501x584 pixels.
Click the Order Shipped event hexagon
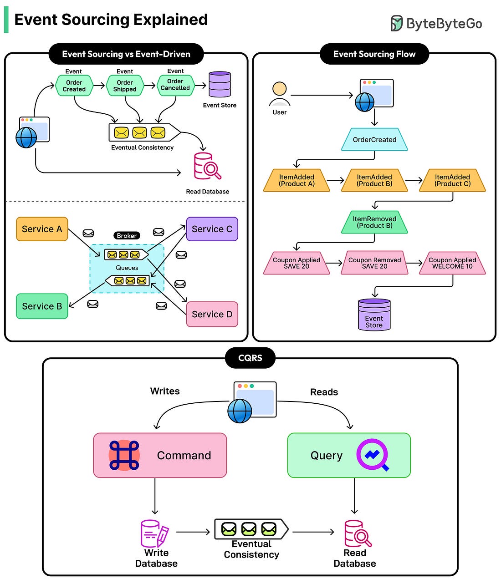click(x=125, y=86)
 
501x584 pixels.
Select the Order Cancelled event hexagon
click(x=175, y=85)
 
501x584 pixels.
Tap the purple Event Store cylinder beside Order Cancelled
click(x=220, y=84)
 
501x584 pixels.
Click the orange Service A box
click(x=42, y=229)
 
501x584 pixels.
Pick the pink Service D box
click(x=212, y=314)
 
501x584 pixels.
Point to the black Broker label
click(x=127, y=236)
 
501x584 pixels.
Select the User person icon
click(x=280, y=94)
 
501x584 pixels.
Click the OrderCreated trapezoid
click(x=374, y=140)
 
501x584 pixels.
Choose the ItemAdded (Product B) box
click(x=374, y=180)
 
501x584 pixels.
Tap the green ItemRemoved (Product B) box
click(x=374, y=222)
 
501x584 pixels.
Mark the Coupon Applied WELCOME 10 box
click(x=452, y=263)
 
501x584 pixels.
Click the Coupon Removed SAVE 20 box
click(x=374, y=263)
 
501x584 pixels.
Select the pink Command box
click(x=160, y=455)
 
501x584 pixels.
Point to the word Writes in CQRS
click(x=165, y=391)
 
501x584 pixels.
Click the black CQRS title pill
click(x=250, y=358)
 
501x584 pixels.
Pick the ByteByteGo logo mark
click(x=397, y=23)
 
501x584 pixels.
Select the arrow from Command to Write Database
click(x=155, y=496)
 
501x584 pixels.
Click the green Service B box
click(x=42, y=306)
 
